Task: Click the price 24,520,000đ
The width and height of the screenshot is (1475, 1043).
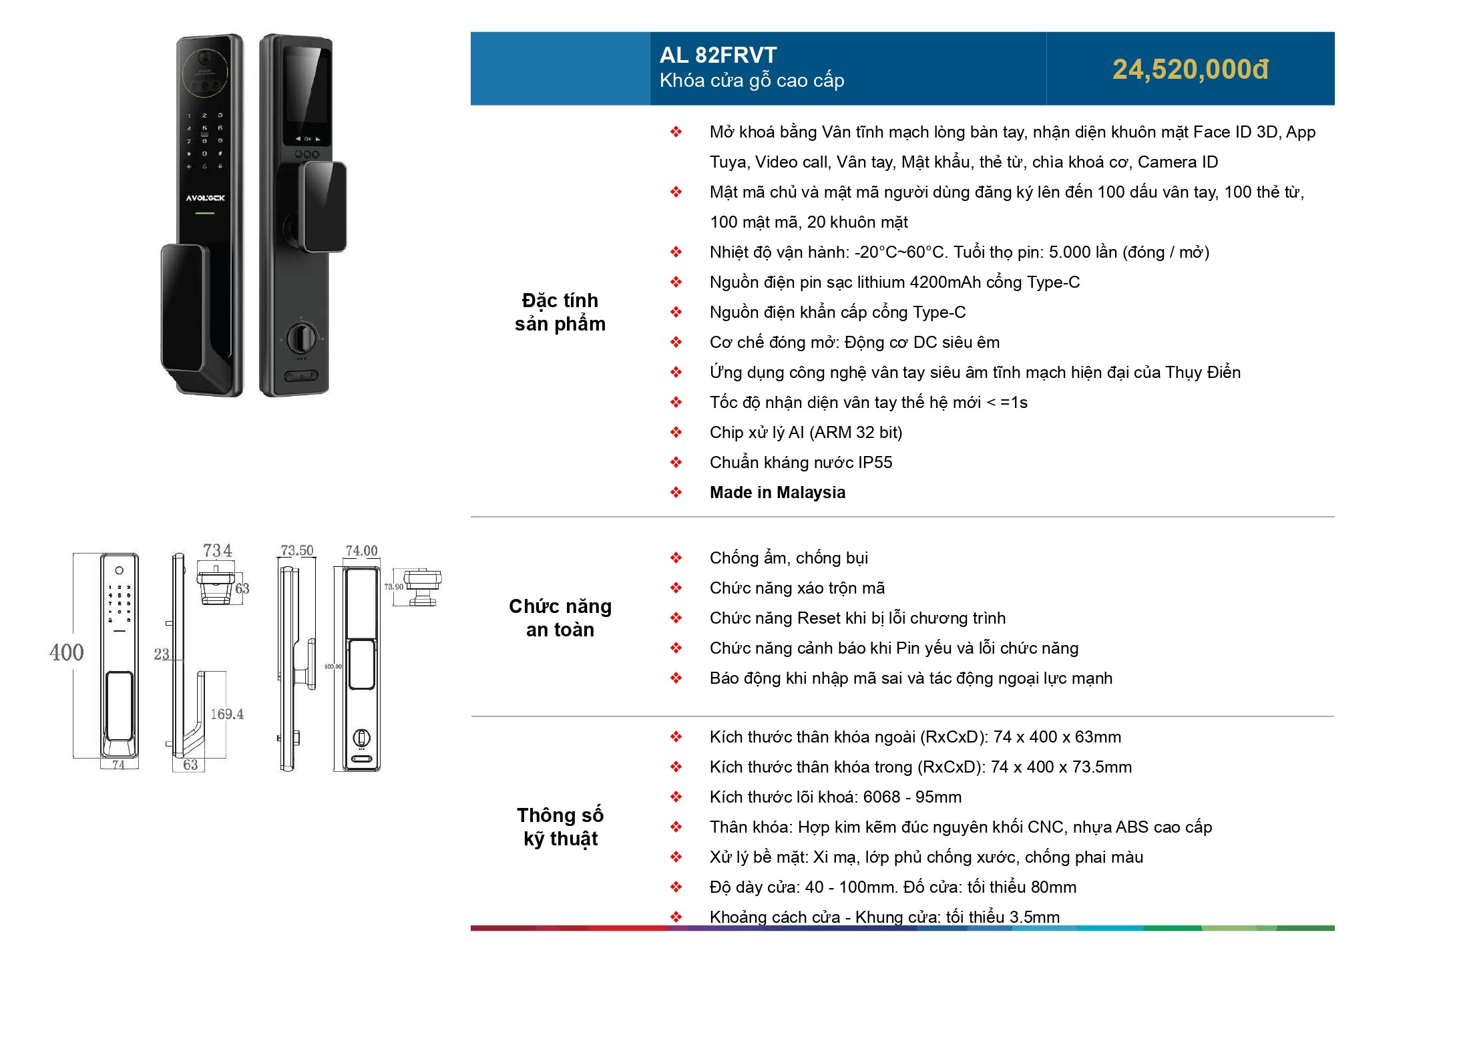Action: point(1191,69)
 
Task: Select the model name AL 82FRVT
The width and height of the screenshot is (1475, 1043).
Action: point(718,55)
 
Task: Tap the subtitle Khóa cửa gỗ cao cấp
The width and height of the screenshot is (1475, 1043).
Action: point(752,81)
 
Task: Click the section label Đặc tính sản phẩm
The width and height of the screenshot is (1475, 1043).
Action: point(560,312)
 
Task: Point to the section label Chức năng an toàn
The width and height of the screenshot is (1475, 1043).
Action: point(560,618)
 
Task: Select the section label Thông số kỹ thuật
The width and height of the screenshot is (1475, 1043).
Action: point(560,827)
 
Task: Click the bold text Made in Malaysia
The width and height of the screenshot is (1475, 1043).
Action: point(777,492)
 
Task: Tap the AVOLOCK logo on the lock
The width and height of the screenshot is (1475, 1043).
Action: point(205,198)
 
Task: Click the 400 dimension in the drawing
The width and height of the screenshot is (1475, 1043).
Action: point(67,652)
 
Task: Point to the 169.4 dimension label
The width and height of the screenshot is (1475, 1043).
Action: point(227,714)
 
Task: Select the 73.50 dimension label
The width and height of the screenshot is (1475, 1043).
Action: point(297,550)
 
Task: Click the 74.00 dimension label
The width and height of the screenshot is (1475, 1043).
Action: point(361,550)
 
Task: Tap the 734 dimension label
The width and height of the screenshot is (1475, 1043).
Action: point(218,550)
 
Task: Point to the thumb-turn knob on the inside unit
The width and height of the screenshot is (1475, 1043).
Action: point(302,339)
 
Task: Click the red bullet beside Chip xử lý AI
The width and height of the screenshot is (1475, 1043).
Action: point(676,432)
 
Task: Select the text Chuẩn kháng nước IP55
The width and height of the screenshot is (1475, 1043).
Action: point(801,462)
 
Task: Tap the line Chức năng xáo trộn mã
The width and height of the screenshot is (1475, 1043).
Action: point(797,588)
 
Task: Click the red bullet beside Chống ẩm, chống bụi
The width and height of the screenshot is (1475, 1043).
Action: point(676,558)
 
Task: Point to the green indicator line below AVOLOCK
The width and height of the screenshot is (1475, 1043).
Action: point(204,214)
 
